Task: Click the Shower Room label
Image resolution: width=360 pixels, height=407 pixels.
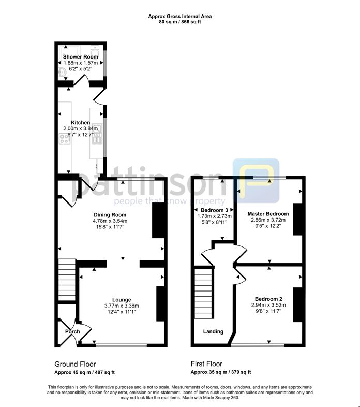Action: point(80,56)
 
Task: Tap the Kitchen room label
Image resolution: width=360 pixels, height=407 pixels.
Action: point(80,123)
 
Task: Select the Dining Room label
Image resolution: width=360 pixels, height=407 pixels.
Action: point(110,214)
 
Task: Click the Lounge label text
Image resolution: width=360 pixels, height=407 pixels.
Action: point(121,299)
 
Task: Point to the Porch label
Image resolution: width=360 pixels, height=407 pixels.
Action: point(71,331)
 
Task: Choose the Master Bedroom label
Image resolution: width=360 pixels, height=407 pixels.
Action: point(268,213)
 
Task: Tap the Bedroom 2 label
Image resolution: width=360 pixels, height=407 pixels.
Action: point(268,299)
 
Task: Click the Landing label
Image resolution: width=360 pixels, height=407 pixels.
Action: point(213,331)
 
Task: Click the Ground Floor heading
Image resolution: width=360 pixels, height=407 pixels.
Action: point(75,364)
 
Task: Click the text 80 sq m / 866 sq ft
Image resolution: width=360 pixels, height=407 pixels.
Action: point(180,22)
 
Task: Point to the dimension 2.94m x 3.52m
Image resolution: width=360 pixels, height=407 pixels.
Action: point(268,306)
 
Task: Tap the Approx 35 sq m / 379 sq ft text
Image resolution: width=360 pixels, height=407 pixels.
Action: point(221,372)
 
